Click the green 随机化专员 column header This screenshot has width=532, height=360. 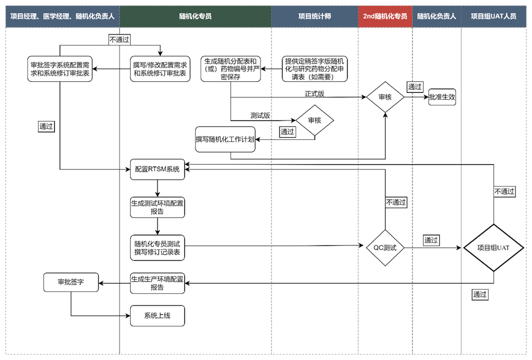tap(195, 17)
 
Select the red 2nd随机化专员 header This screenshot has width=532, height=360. tap(385, 17)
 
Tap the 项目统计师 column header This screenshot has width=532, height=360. tap(314, 17)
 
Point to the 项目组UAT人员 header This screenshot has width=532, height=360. tap(493, 17)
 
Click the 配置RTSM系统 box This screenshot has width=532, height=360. tap(157, 169)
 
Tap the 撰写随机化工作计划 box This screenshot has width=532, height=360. tap(225, 139)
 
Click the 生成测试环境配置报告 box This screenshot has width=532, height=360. tap(157, 207)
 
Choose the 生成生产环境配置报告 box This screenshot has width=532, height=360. tap(157, 283)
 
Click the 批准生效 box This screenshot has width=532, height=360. tap(442, 97)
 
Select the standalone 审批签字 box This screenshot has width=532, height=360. tap(71, 282)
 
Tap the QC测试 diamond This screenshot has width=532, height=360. tap(385, 248)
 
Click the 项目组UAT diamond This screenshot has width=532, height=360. tap(493, 248)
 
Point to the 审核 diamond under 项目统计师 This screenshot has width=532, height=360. tap(314, 120)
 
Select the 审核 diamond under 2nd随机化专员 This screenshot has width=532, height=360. tap(385, 97)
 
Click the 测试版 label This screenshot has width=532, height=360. tap(261, 115)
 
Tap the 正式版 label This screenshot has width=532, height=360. tap(314, 93)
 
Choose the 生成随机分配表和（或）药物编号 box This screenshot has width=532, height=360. tap(230, 69)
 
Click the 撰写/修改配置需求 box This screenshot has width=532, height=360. tap(160, 69)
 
